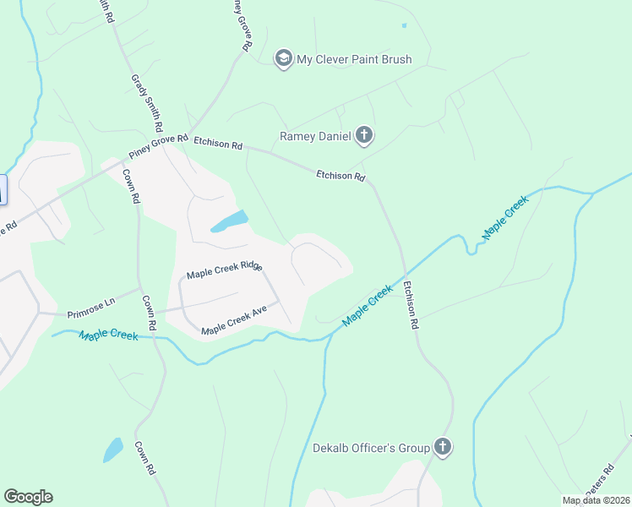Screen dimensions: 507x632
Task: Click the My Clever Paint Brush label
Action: click(x=353, y=59)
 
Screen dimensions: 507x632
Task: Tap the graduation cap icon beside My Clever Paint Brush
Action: click(x=283, y=58)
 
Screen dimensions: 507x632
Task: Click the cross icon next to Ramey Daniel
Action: click(x=364, y=134)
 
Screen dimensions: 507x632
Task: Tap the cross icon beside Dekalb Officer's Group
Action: click(x=442, y=446)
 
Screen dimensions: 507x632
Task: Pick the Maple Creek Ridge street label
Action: click(x=225, y=270)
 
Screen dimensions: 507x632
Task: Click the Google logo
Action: click(x=28, y=497)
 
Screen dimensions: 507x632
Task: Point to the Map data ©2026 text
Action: click(x=595, y=500)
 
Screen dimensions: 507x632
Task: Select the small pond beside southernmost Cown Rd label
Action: click(x=113, y=450)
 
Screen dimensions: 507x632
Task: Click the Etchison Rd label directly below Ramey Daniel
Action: click(x=341, y=177)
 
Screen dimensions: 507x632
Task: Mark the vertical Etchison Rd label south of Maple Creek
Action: click(x=411, y=305)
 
